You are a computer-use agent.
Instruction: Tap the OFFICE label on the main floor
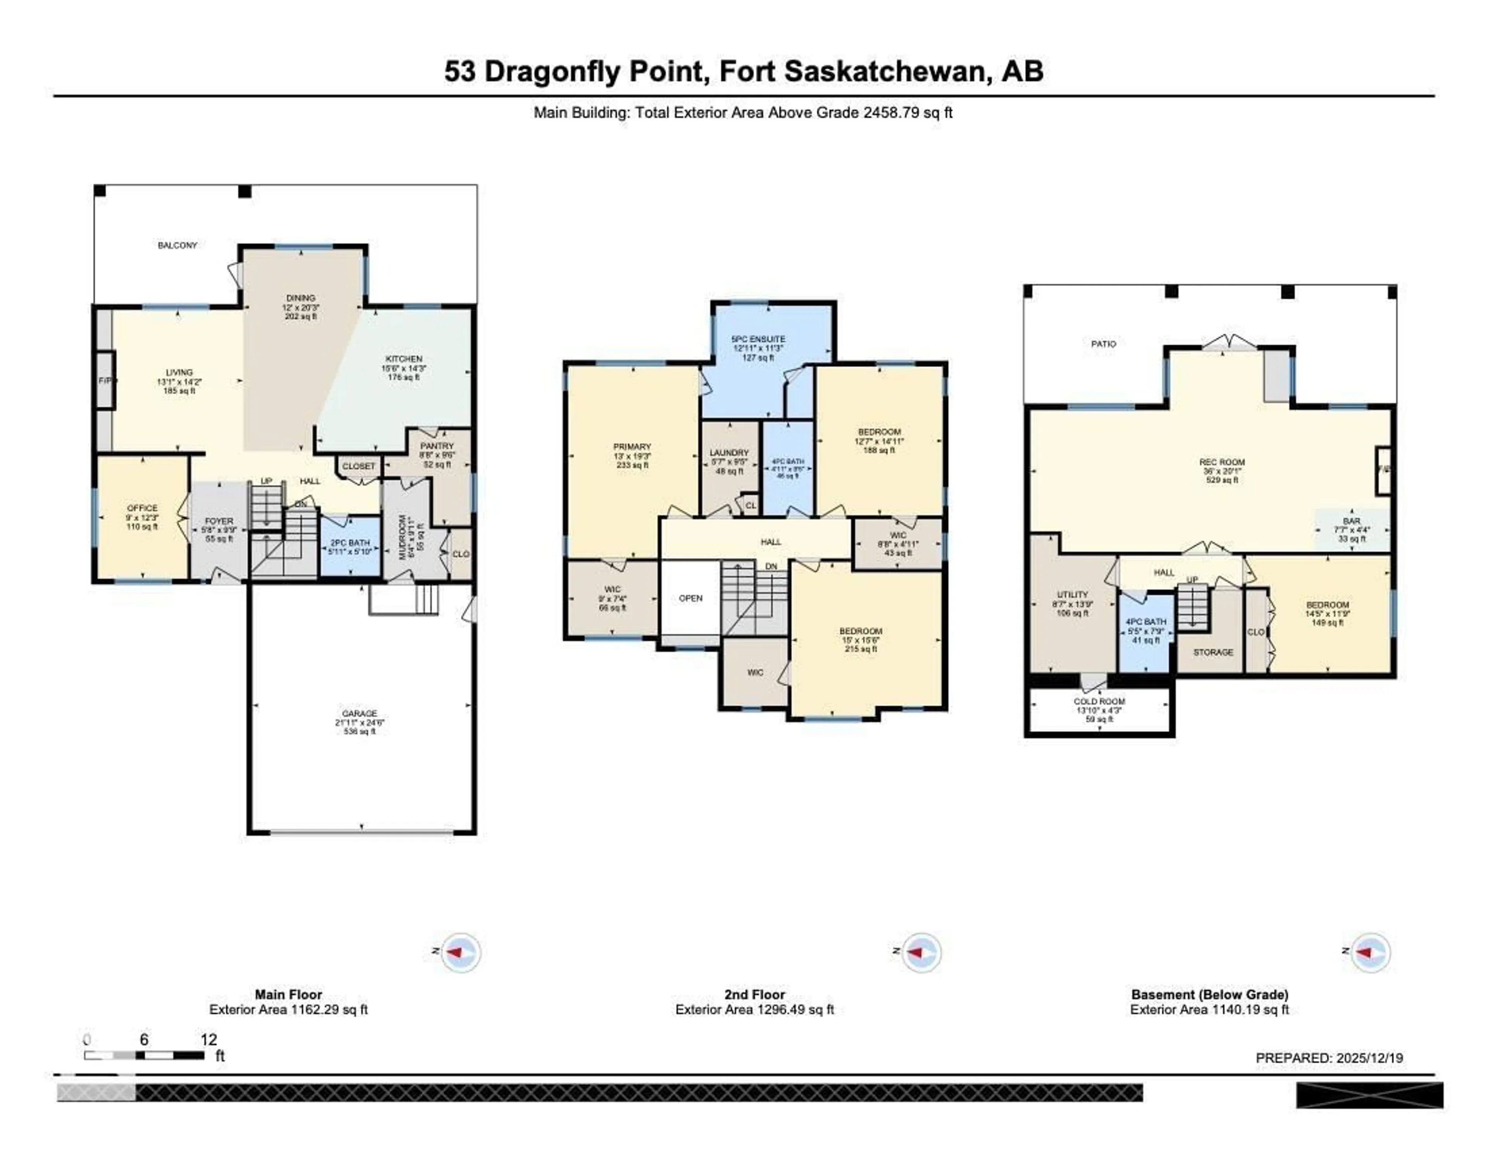(142, 508)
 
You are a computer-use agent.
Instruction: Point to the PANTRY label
(437, 446)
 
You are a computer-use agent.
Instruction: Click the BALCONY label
(177, 245)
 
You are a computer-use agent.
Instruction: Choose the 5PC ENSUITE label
(758, 339)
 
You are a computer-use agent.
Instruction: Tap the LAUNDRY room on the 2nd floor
(729, 453)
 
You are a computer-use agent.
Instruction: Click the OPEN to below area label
(690, 598)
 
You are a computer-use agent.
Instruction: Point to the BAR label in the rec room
(1352, 521)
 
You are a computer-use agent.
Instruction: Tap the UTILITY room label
(1072, 594)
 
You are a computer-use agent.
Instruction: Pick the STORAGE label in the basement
(1213, 653)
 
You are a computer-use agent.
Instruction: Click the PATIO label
(1103, 344)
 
